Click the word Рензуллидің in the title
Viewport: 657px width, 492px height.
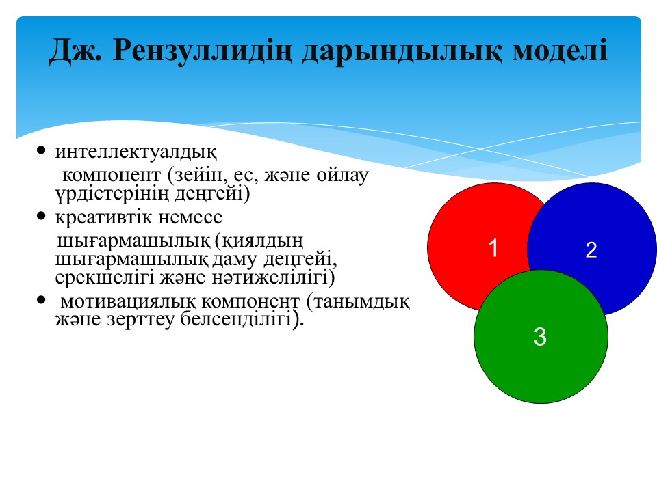(x=202, y=51)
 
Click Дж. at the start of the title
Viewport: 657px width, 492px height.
(x=75, y=51)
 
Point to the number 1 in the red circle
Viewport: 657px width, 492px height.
(x=493, y=247)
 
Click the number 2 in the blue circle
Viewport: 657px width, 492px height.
(x=591, y=250)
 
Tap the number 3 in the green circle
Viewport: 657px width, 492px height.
(x=540, y=337)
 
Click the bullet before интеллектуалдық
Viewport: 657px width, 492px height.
(x=40, y=150)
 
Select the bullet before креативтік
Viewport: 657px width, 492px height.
(x=40, y=216)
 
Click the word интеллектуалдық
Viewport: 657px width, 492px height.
(x=136, y=152)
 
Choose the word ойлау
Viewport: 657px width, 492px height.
(x=342, y=175)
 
